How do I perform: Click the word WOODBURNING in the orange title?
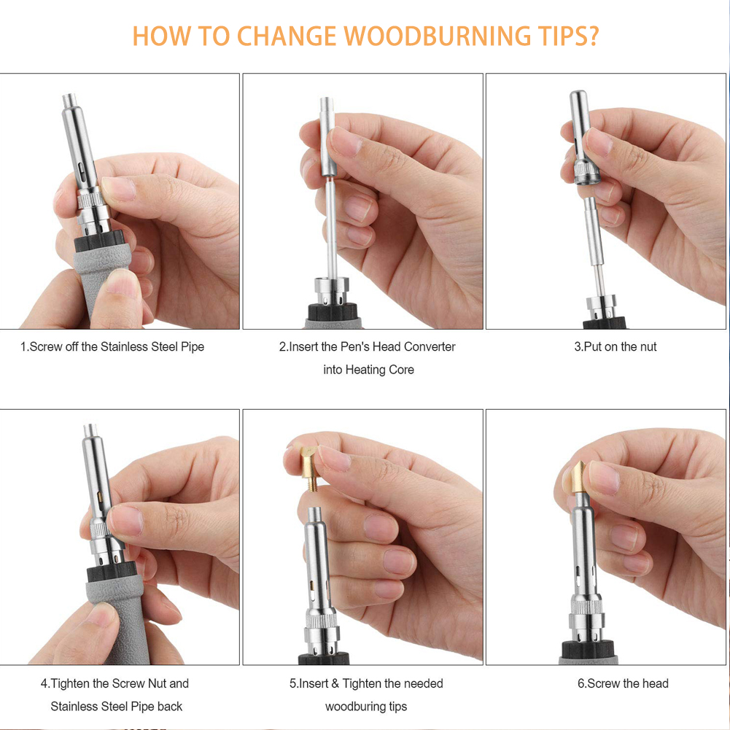437,36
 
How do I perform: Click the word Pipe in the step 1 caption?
193,347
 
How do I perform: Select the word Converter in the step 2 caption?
430,347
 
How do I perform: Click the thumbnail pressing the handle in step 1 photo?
120,283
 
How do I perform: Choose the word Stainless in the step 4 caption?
76,707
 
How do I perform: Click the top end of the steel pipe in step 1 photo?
69,96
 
